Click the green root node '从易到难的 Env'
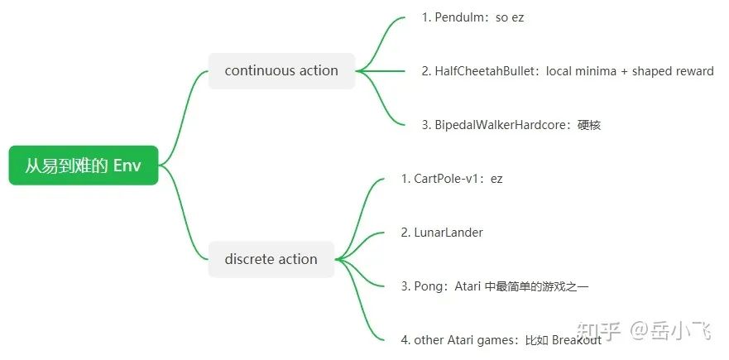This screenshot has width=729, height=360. (83, 166)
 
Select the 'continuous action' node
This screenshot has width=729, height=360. (281, 71)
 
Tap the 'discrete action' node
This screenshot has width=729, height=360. (271, 259)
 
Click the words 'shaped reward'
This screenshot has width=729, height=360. (672, 71)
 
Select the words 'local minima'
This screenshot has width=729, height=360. (583, 71)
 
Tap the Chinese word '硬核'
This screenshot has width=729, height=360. (589, 125)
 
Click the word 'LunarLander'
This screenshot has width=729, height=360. (448, 233)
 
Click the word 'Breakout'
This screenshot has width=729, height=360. (577, 340)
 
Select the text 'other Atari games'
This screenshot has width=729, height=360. (463, 340)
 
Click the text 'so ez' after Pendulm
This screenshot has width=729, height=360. (510, 17)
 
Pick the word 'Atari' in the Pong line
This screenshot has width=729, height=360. (471, 286)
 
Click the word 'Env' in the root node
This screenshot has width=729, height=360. (127, 166)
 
